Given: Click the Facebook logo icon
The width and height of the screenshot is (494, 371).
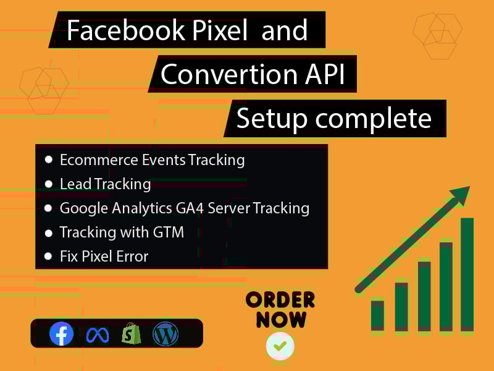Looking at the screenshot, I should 61,335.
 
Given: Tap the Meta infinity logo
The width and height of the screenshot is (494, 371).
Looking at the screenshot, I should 97,335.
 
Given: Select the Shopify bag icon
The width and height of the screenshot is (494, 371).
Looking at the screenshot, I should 131,334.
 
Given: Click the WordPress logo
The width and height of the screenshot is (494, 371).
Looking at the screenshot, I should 165,335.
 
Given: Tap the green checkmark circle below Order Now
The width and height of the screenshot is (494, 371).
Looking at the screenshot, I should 280,346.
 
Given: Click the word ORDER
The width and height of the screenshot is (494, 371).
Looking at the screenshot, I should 280,301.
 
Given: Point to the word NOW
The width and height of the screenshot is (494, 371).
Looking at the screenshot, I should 281,320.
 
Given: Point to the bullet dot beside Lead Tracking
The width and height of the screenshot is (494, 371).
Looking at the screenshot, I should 49,184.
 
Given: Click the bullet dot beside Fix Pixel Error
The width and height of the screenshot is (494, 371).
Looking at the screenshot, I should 49,255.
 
